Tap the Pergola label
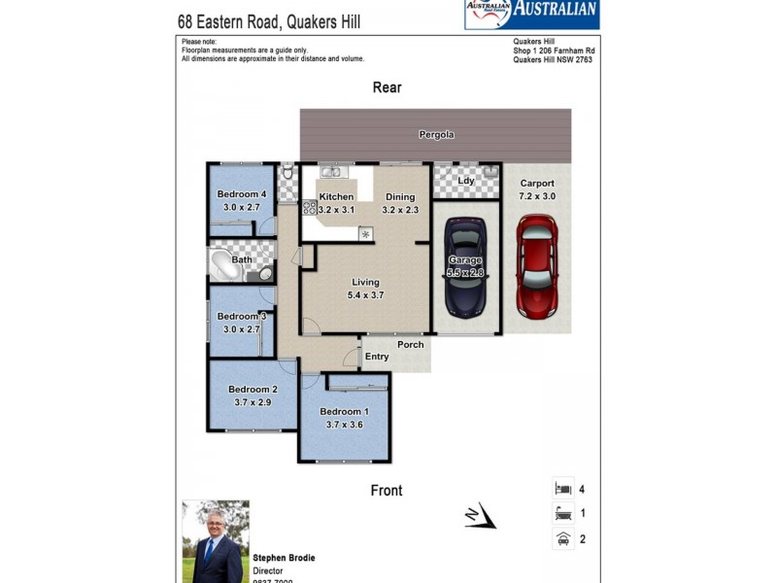tap(436, 134)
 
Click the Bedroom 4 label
tap(241, 194)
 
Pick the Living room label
tap(365, 283)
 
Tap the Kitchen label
tap(336, 197)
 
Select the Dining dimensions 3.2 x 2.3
tap(399, 210)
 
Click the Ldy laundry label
tap(466, 181)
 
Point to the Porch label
tap(410, 345)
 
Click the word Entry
tap(377, 357)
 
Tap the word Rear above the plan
tap(387, 87)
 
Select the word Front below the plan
tap(387, 491)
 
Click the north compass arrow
tap(480, 516)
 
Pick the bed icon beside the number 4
tap(562, 488)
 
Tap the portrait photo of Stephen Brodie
tap(216, 540)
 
